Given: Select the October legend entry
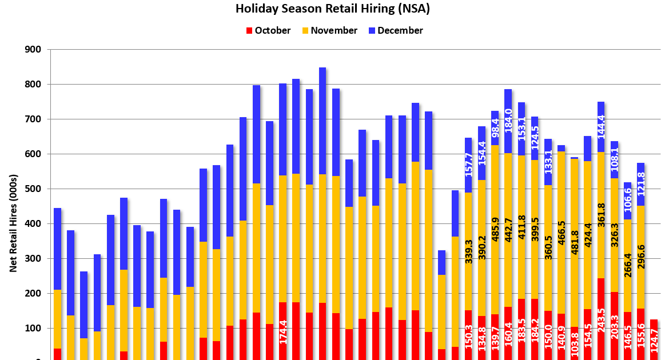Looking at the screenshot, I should point(269,31).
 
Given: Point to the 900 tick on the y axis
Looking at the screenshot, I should point(33,50).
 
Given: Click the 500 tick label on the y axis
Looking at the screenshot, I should point(33,189).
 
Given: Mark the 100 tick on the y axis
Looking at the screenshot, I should point(33,329).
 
